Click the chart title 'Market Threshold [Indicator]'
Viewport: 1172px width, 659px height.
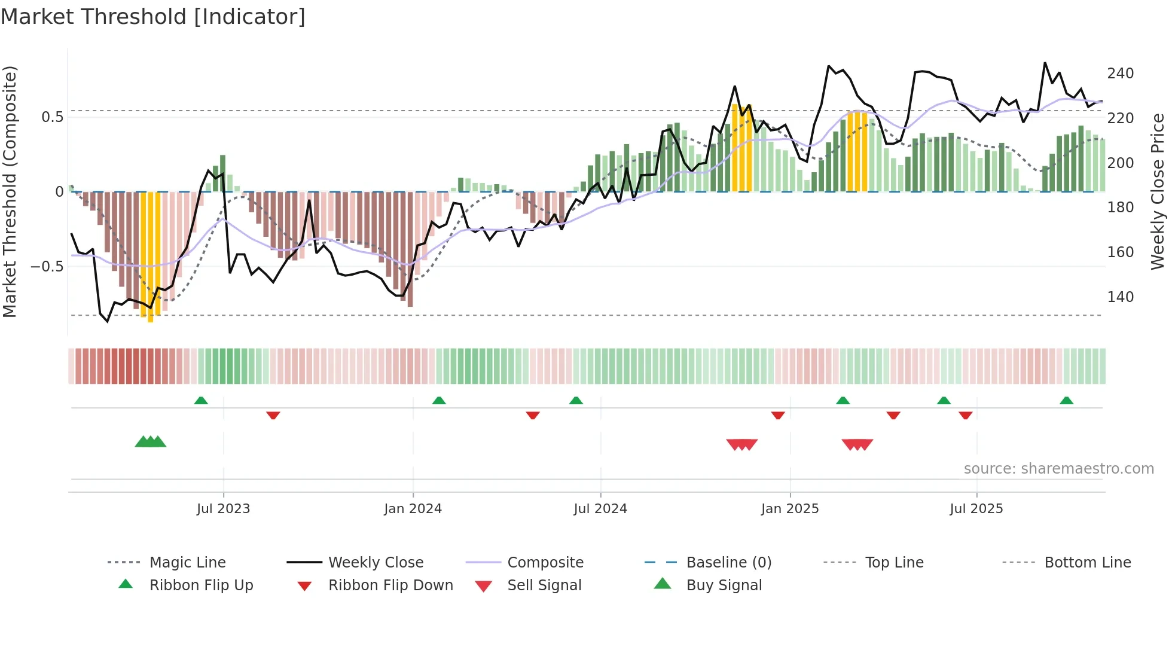(x=153, y=17)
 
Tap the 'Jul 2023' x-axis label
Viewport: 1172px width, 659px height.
(x=223, y=509)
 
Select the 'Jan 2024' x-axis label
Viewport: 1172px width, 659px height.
(x=413, y=509)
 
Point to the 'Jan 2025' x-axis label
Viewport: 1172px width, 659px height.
(x=790, y=509)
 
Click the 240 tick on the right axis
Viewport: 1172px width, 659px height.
(x=1120, y=74)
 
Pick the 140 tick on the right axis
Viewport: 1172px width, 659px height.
(x=1120, y=297)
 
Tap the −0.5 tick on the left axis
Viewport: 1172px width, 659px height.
(x=47, y=266)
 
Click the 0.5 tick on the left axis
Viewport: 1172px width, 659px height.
(x=52, y=117)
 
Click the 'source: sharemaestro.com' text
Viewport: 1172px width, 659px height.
(x=1058, y=469)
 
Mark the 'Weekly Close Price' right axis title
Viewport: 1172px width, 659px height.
(x=1158, y=191)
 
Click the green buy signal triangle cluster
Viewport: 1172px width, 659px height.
(x=150, y=442)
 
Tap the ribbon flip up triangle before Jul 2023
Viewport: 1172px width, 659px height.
(x=201, y=401)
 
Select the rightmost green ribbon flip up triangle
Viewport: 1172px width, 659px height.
(x=1066, y=401)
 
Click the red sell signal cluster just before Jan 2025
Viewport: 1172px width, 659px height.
(x=741, y=444)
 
